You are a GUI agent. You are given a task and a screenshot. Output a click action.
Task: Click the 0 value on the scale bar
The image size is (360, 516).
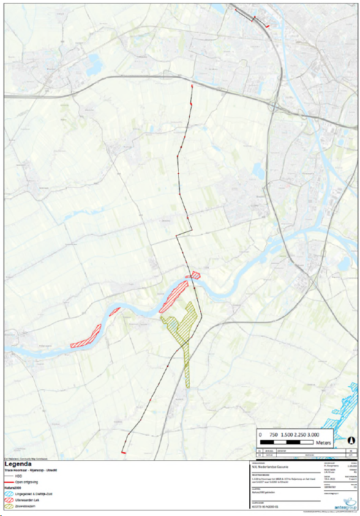[x=260, y=434]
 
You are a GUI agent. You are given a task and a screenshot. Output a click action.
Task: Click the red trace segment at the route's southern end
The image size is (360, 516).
[x=124, y=452]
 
